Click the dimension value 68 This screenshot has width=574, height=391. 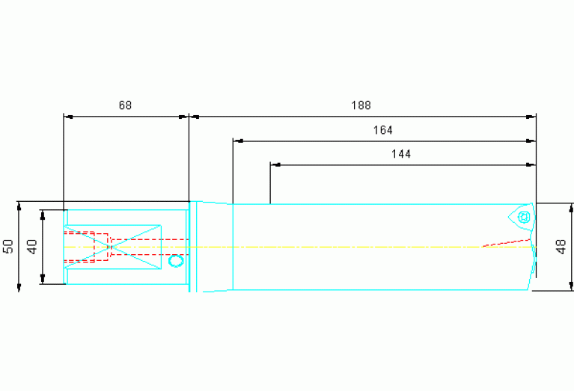(125, 105)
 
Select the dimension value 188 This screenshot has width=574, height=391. (361, 105)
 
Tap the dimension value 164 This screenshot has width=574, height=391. (382, 130)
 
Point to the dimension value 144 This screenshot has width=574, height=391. (401, 154)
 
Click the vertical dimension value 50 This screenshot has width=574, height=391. (8, 246)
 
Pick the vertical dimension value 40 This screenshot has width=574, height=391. (32, 247)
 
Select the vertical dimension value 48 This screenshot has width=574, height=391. (561, 247)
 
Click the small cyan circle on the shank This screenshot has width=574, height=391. (176, 261)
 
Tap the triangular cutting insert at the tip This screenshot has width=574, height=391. (522, 218)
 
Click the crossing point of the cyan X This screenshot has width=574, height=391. (110, 247)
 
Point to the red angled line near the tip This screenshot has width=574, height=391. (507, 243)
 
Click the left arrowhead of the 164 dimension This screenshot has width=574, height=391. (238, 141)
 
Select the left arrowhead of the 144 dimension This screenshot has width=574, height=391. (275, 165)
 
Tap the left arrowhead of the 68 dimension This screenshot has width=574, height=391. (68, 117)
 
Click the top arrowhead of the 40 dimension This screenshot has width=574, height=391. (43, 215)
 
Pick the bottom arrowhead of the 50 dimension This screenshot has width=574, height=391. (19, 287)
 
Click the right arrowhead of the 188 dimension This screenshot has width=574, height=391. (531, 117)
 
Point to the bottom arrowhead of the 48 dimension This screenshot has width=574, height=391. (571, 286)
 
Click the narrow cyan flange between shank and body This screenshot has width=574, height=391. (193, 247)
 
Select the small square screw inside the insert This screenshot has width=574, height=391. (524, 218)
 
